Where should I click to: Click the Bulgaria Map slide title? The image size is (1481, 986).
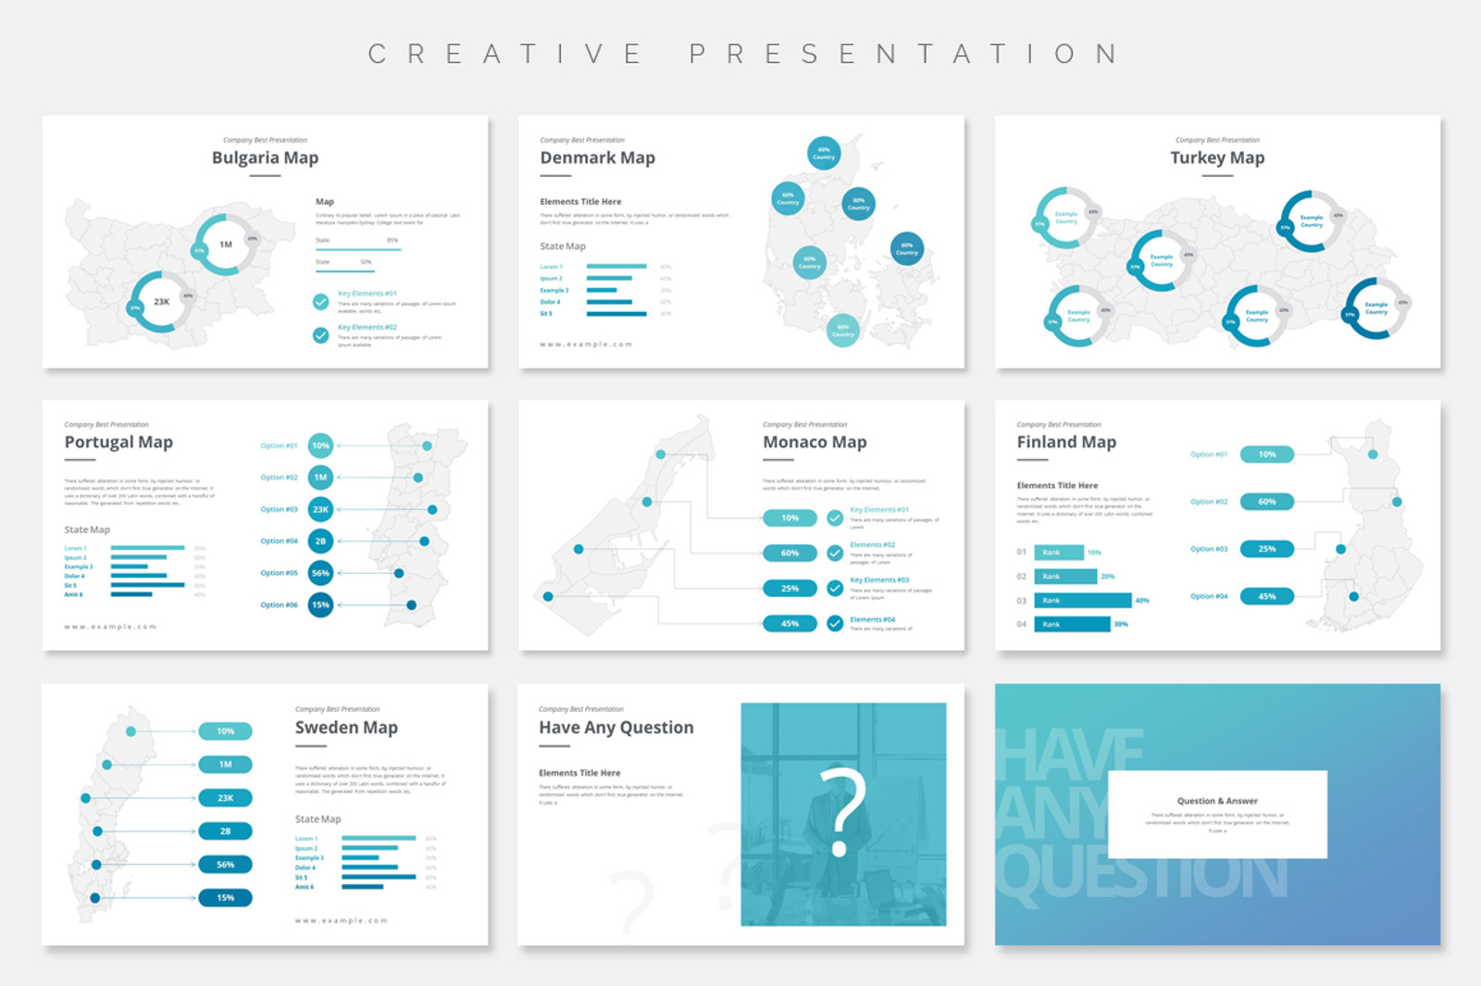[x=265, y=157]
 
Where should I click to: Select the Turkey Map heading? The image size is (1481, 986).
[x=1217, y=157]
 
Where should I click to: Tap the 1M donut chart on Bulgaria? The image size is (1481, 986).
[x=226, y=244]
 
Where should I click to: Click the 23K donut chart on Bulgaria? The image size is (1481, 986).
[x=162, y=302]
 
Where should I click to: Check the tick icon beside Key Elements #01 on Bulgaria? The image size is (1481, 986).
[x=320, y=302]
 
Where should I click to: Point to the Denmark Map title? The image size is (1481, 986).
[x=597, y=157]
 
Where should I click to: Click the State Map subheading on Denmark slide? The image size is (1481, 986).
[x=563, y=246]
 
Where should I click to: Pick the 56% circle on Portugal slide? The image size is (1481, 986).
[x=320, y=573]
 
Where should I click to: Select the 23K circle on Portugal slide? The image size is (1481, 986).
[x=320, y=509]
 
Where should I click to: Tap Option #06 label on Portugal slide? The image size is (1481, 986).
[x=279, y=605]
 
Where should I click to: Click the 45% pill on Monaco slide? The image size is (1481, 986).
[x=790, y=624]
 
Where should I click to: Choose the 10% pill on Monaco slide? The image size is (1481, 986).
[x=790, y=518]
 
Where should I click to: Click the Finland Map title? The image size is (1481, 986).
[x=1066, y=443]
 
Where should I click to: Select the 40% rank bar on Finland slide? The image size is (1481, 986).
[x=1082, y=601]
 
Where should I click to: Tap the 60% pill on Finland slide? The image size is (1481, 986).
[x=1266, y=502]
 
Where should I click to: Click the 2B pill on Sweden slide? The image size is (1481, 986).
[x=225, y=831]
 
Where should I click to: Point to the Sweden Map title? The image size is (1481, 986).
[x=346, y=728]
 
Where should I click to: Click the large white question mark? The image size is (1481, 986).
[x=842, y=811]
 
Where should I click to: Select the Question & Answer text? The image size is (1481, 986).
[x=1217, y=801]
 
